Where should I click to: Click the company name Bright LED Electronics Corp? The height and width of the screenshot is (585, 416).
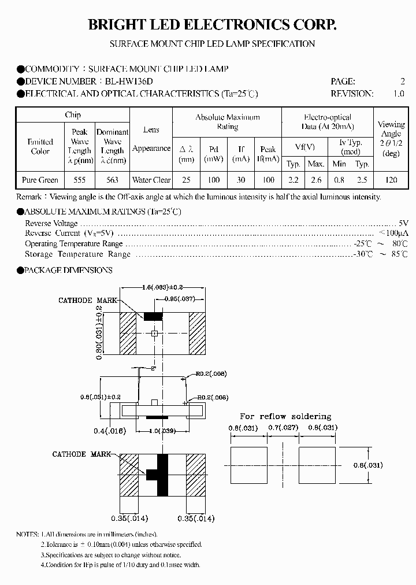click(211, 24)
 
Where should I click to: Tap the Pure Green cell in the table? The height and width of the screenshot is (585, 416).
click(40, 180)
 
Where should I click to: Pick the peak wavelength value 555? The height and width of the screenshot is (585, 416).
click(79, 180)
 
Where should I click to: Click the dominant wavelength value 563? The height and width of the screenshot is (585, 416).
click(112, 180)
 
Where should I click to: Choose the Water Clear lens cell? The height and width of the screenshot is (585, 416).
click(151, 180)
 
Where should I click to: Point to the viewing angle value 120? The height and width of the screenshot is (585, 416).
click(391, 180)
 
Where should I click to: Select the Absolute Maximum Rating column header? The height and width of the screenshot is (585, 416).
click(227, 121)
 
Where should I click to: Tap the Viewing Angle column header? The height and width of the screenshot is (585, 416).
click(391, 139)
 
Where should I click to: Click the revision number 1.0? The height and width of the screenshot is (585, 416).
click(398, 94)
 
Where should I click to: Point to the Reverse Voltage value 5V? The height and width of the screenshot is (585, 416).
click(403, 223)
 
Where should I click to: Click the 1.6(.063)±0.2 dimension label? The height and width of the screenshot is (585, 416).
click(164, 287)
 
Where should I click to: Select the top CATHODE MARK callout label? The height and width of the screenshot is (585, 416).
click(87, 301)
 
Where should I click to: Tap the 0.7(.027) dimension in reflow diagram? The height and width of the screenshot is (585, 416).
click(283, 428)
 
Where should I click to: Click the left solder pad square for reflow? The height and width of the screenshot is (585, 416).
click(249, 465)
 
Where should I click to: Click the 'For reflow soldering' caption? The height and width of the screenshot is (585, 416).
click(285, 416)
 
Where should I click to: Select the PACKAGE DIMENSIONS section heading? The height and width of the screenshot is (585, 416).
click(68, 270)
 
